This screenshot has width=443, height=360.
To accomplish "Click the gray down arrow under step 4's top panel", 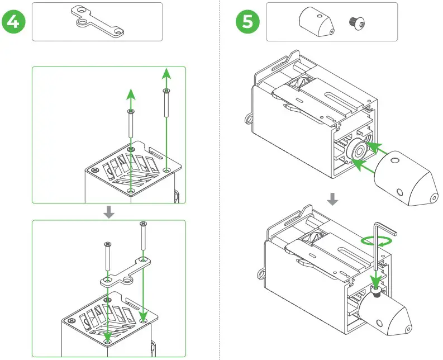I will click(109, 211).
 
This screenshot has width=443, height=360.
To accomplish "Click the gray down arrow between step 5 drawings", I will click(332, 198).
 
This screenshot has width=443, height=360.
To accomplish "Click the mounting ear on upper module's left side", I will click(247, 119).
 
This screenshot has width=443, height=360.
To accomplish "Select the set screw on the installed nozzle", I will click(377, 291).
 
